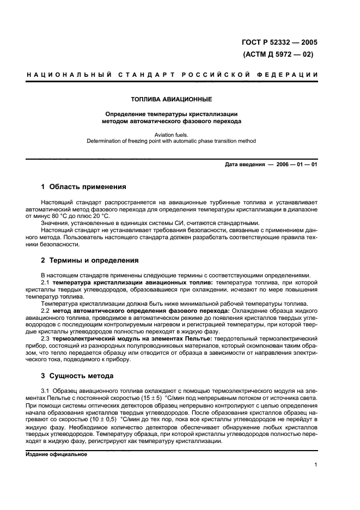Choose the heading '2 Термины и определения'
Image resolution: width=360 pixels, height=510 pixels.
[90, 260]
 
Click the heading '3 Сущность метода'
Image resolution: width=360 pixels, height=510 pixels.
[77, 376]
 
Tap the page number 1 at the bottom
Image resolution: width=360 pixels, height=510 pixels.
[316, 464]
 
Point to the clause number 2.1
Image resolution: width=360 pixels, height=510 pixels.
[46, 283]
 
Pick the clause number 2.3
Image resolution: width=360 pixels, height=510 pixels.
[46, 338]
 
